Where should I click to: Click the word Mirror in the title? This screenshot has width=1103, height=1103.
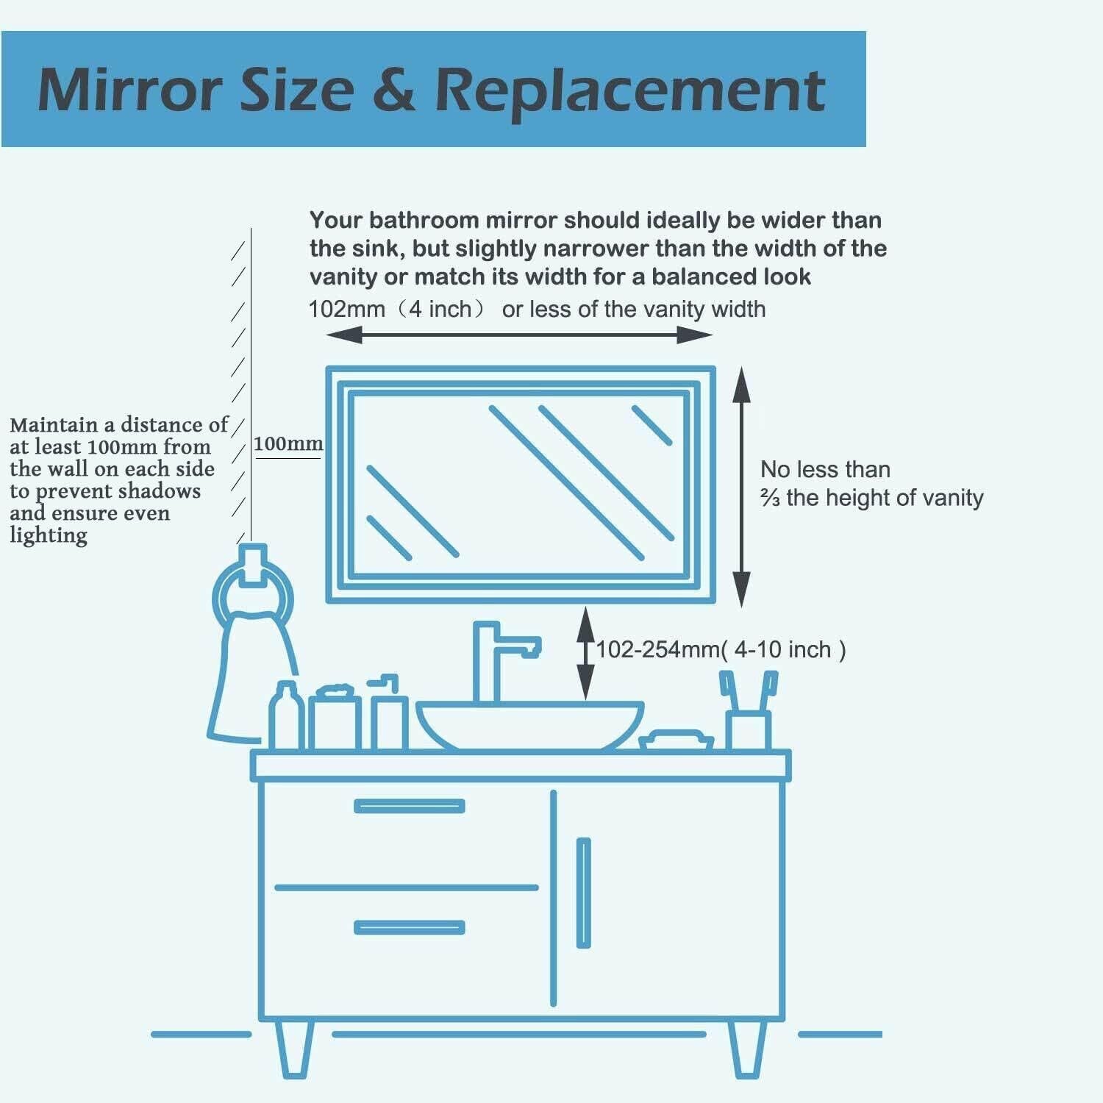coord(129,90)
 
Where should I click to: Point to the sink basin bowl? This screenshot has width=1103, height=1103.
coord(529,724)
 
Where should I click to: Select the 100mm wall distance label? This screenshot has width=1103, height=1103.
coord(288,444)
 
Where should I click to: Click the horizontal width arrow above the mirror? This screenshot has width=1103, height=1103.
coord(519,335)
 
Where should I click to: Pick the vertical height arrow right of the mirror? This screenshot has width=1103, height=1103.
coord(741,487)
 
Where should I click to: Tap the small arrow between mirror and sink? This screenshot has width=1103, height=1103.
coord(585,653)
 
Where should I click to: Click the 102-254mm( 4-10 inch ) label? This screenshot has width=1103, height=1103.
coord(721,650)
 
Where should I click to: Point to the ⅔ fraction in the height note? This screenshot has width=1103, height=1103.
coord(770,499)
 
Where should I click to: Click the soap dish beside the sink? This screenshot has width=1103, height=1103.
coord(675,740)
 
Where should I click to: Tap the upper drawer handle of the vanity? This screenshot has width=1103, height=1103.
coord(409,806)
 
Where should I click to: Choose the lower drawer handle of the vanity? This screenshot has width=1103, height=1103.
coord(409,927)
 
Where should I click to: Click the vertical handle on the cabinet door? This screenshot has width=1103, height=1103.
coord(583,893)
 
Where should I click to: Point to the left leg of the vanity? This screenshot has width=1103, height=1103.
coord(293,1048)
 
